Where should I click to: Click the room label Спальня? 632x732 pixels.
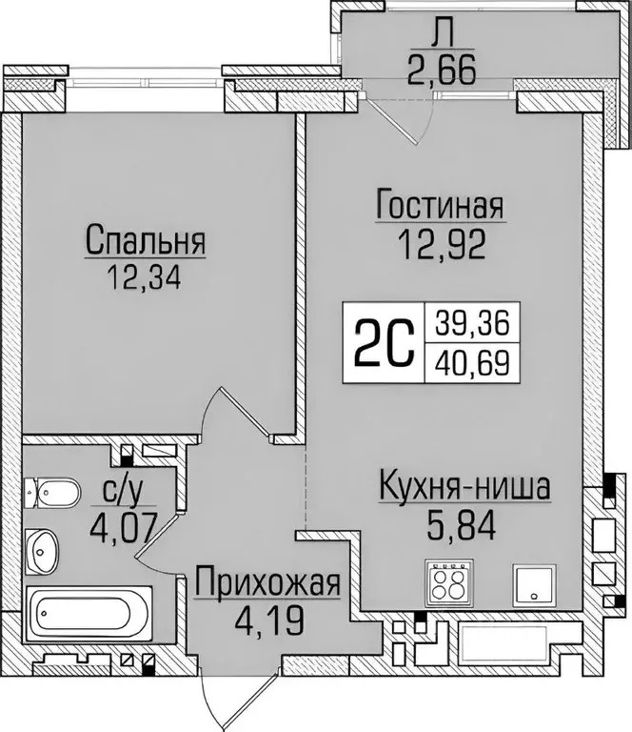146,240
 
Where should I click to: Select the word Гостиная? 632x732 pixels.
439,207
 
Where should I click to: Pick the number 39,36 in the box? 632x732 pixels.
474,324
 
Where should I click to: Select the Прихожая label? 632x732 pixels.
267,581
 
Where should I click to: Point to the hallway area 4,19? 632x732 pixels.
267,619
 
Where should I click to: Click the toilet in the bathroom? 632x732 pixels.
53,493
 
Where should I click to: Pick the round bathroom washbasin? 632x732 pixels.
44,548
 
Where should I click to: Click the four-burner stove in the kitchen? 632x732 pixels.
447,581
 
